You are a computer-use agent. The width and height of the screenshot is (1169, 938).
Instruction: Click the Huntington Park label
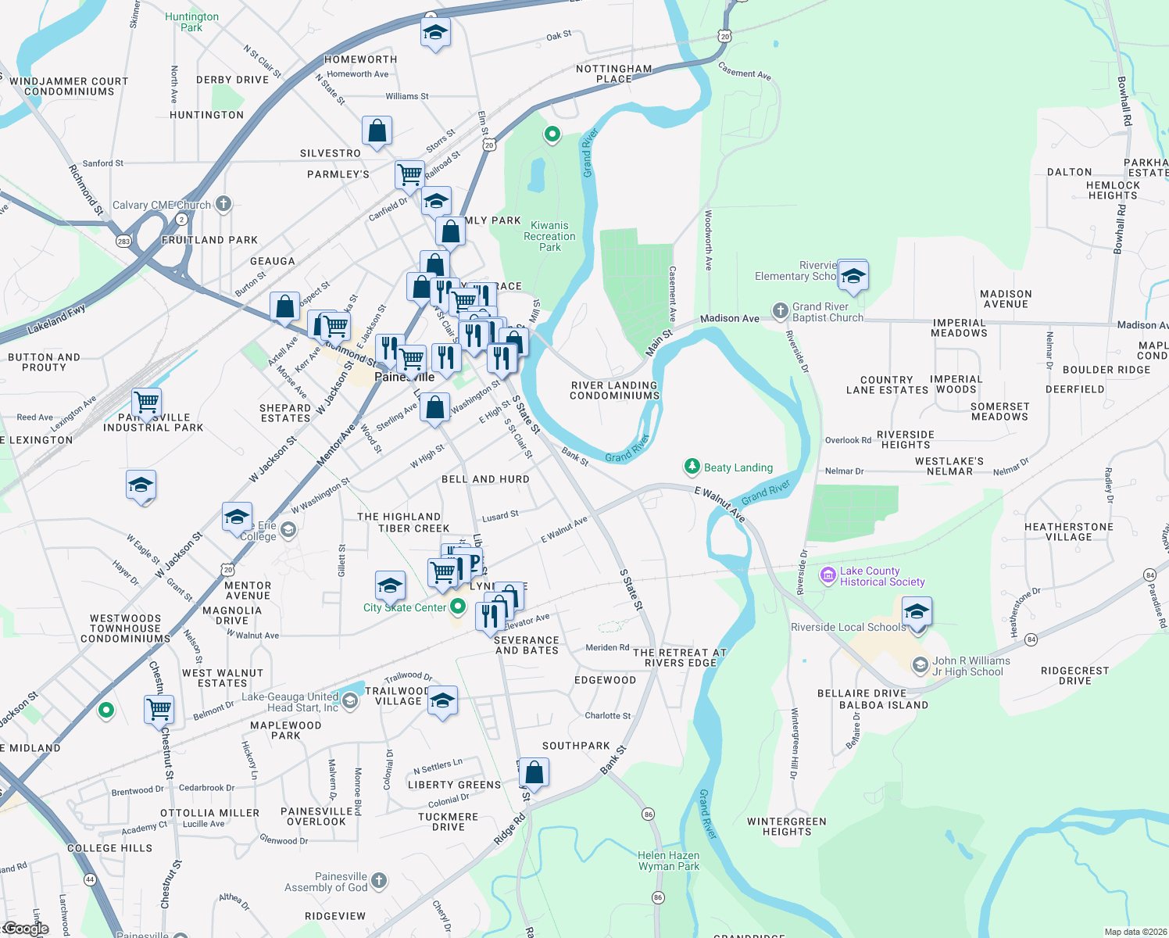click(191, 22)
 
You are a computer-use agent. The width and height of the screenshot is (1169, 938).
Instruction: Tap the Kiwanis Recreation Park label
click(549, 236)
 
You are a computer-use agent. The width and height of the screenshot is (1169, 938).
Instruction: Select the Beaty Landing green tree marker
click(692, 467)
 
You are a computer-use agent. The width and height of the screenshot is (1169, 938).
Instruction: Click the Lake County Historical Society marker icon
click(828, 576)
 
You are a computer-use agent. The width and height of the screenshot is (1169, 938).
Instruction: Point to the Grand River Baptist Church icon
click(780, 311)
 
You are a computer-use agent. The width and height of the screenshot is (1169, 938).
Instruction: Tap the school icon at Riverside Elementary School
click(853, 276)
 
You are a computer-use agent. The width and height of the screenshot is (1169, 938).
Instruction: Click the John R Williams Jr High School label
click(971, 666)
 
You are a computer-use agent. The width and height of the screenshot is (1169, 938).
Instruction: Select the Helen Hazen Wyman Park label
click(668, 861)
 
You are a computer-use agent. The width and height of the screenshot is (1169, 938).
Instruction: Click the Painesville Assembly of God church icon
click(379, 881)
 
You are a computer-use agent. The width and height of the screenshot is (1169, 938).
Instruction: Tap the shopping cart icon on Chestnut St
click(159, 709)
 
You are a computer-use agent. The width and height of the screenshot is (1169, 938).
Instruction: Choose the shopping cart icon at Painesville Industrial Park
click(147, 403)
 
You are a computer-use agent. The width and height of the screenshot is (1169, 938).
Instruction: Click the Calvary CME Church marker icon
click(223, 205)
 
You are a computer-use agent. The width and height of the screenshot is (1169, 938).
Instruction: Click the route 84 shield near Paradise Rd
click(1149, 575)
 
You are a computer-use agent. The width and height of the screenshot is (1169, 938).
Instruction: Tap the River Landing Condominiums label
click(614, 390)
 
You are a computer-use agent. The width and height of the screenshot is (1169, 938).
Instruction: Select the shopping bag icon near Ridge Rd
click(534, 772)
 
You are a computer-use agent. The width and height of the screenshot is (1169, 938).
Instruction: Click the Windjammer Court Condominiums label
click(69, 86)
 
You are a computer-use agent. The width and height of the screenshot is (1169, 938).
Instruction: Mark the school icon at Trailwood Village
click(442, 701)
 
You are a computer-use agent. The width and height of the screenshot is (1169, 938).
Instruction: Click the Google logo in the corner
click(25, 929)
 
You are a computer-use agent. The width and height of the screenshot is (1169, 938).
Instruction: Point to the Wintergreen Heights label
click(786, 826)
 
